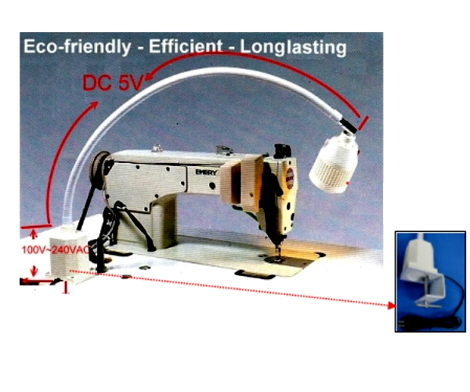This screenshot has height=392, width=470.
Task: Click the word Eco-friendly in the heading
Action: click(x=78, y=47)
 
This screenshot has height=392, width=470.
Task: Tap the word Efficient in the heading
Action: click(x=186, y=46)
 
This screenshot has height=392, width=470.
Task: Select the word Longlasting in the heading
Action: click(x=293, y=47)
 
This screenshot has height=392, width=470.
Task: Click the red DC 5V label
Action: click(x=112, y=82)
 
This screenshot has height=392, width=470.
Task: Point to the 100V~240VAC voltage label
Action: click(x=56, y=249)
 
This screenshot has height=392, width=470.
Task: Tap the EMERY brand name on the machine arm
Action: click(x=206, y=172)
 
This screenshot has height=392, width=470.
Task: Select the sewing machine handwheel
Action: click(x=99, y=170)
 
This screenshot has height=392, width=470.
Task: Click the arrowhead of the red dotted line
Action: click(x=391, y=306)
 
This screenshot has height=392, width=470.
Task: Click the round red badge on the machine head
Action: click(x=290, y=174)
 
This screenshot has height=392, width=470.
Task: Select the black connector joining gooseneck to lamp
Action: click(x=349, y=125)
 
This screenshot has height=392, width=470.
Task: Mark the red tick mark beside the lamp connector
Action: click(x=363, y=123)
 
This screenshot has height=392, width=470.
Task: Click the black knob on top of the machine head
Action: click(x=281, y=150)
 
